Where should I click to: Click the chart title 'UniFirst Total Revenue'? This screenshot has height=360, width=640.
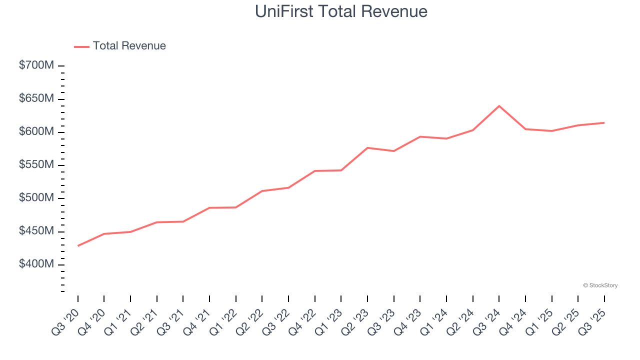point(341,11)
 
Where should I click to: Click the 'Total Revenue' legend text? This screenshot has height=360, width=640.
point(129,46)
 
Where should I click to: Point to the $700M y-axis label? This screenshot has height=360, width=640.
point(36,65)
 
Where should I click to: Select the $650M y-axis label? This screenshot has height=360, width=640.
point(36,98)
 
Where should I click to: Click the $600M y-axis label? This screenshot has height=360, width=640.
point(36,131)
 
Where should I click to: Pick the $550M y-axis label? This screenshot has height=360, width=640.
point(36,165)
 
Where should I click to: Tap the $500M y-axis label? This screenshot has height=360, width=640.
point(36,198)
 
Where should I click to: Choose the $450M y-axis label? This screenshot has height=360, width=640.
point(36,231)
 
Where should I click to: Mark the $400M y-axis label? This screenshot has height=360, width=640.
point(36,264)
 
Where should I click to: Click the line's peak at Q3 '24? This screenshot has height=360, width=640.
point(499,106)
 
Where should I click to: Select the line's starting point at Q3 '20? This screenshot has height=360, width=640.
point(78,246)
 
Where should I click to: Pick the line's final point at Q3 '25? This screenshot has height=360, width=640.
point(604,122)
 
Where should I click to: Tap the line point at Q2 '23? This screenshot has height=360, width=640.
point(367,148)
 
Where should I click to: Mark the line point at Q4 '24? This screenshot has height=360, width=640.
point(525,129)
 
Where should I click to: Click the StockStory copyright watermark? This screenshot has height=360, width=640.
point(600,285)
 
